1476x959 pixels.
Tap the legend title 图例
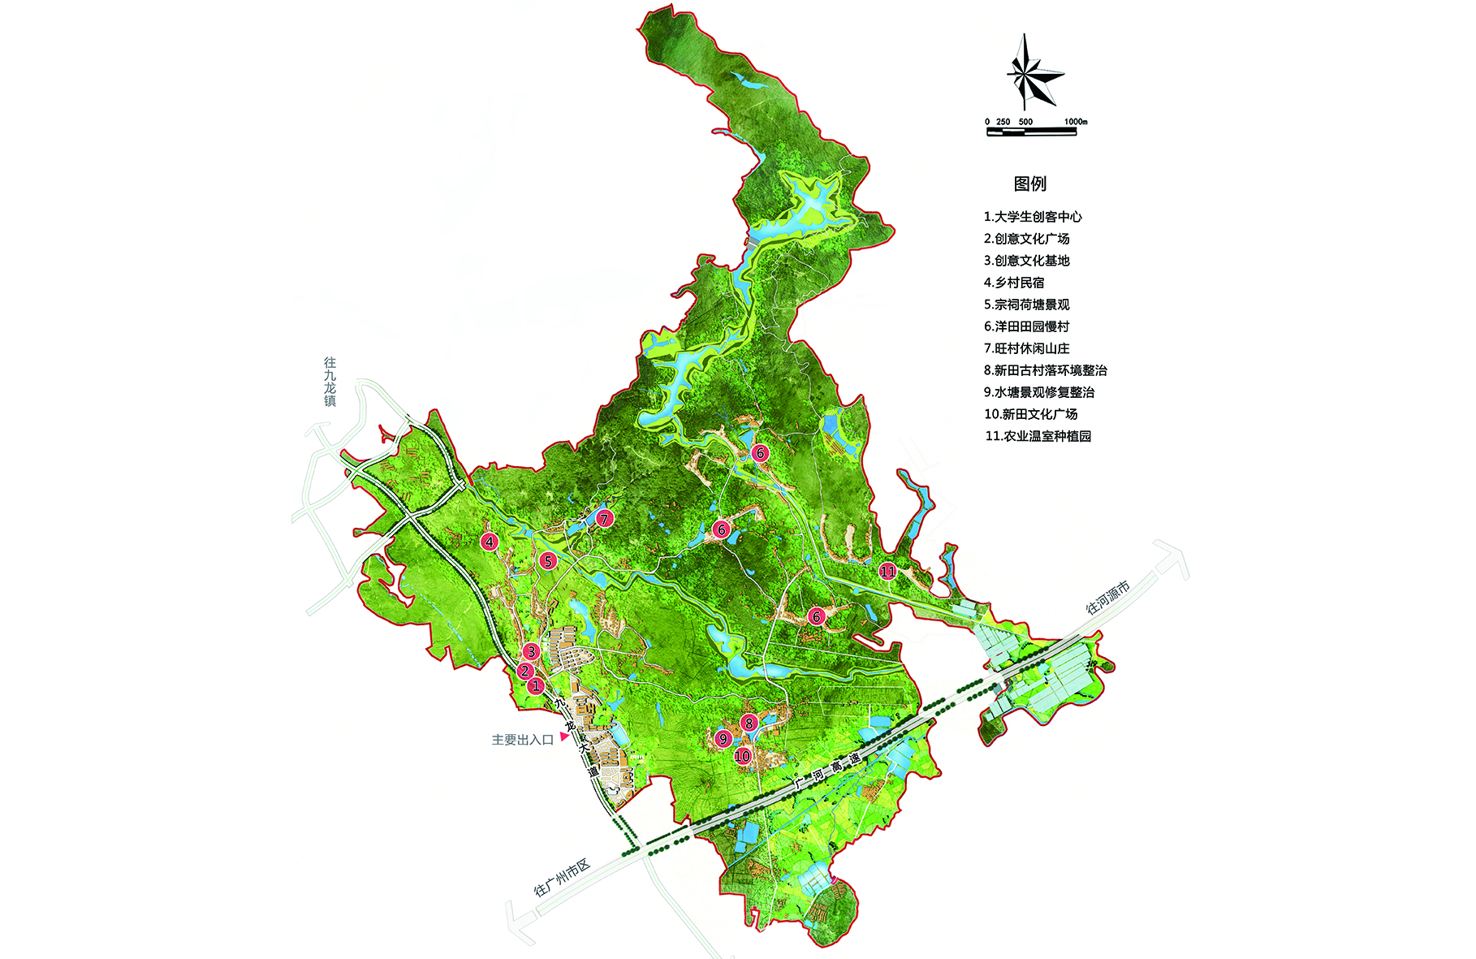(1029, 184)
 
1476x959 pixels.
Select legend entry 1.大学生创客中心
(1033, 217)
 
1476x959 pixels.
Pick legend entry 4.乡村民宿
(1014, 283)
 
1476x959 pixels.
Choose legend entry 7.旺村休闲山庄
(1026, 348)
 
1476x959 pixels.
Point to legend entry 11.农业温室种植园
(1038, 436)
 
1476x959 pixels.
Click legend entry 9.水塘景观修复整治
(1039, 392)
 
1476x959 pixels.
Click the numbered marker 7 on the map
(603, 518)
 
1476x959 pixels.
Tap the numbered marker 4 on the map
(489, 542)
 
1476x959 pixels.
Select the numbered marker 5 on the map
(548, 561)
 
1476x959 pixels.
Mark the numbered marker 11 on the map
(887, 572)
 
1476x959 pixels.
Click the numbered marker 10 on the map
(742, 757)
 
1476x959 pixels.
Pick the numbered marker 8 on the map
(749, 722)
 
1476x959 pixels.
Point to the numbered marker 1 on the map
(536, 686)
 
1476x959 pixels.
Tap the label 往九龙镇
(330, 382)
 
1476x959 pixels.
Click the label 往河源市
(1107, 597)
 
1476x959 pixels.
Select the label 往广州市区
(562, 878)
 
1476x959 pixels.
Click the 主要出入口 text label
(522, 740)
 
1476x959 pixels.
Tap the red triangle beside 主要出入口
(563, 737)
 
